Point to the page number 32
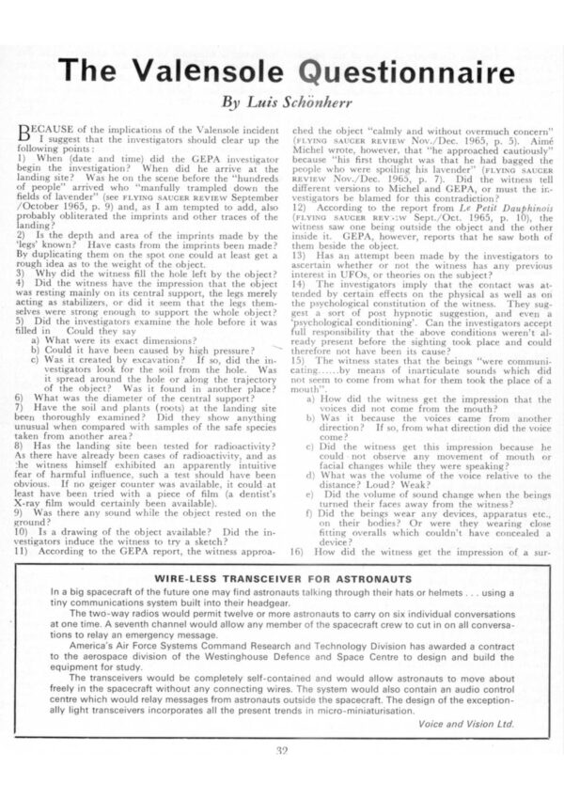point(282,775)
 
